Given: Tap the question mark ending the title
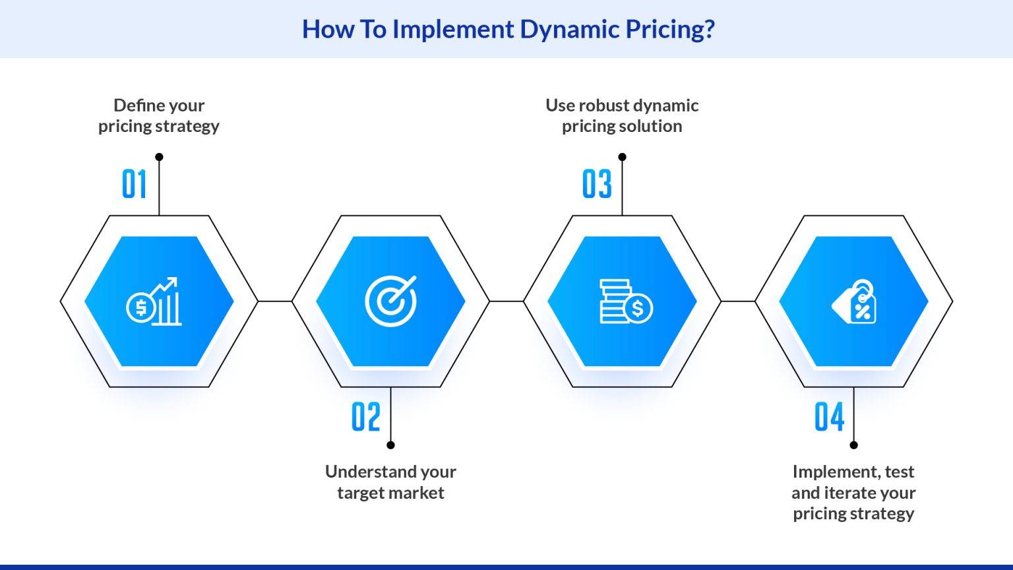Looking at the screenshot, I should [709, 29].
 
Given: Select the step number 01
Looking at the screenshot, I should [135, 184].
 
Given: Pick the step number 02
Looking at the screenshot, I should [366, 417].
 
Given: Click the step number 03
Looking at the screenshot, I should [597, 184].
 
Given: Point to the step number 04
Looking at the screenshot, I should [829, 417].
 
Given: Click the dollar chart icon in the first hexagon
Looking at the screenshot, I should [154, 301].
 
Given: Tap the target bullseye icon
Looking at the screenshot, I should [391, 301].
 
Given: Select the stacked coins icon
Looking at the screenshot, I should [625, 301].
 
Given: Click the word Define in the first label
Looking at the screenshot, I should [136, 106].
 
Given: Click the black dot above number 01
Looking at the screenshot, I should [159, 157].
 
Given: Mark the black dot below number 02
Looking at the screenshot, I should [390, 445].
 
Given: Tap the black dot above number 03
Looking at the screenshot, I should [622, 157].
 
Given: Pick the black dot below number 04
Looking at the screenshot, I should [853, 445].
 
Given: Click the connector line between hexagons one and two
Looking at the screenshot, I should [275, 301].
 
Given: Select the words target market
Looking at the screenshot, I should [390, 493].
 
